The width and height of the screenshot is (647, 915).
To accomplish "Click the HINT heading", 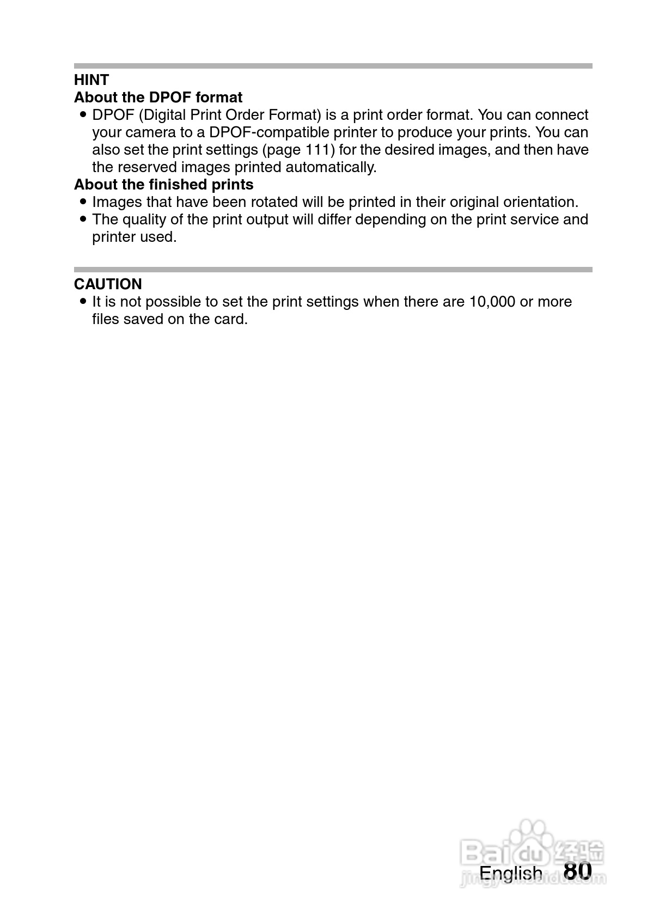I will (91, 80).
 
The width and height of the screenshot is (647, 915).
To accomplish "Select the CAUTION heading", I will (108, 284).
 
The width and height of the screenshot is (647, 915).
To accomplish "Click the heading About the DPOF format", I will (158, 97).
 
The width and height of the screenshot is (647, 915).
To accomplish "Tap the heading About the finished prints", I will (163, 185).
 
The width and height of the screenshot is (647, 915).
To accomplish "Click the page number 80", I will (577, 870).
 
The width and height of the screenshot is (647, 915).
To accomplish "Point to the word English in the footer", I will (510, 873).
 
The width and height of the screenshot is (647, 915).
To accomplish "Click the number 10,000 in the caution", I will (492, 302).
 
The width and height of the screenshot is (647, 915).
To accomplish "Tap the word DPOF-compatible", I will (270, 132).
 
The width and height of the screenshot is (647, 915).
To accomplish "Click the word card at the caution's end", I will (231, 319).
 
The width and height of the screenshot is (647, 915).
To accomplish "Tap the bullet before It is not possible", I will (83, 301).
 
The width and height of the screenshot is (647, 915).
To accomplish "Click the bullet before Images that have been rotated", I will (83, 202).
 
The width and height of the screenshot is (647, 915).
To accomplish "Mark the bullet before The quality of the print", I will (83, 219).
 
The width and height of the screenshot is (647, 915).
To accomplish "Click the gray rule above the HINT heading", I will (333, 66).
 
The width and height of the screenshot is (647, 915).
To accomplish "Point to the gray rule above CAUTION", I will (333, 270).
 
